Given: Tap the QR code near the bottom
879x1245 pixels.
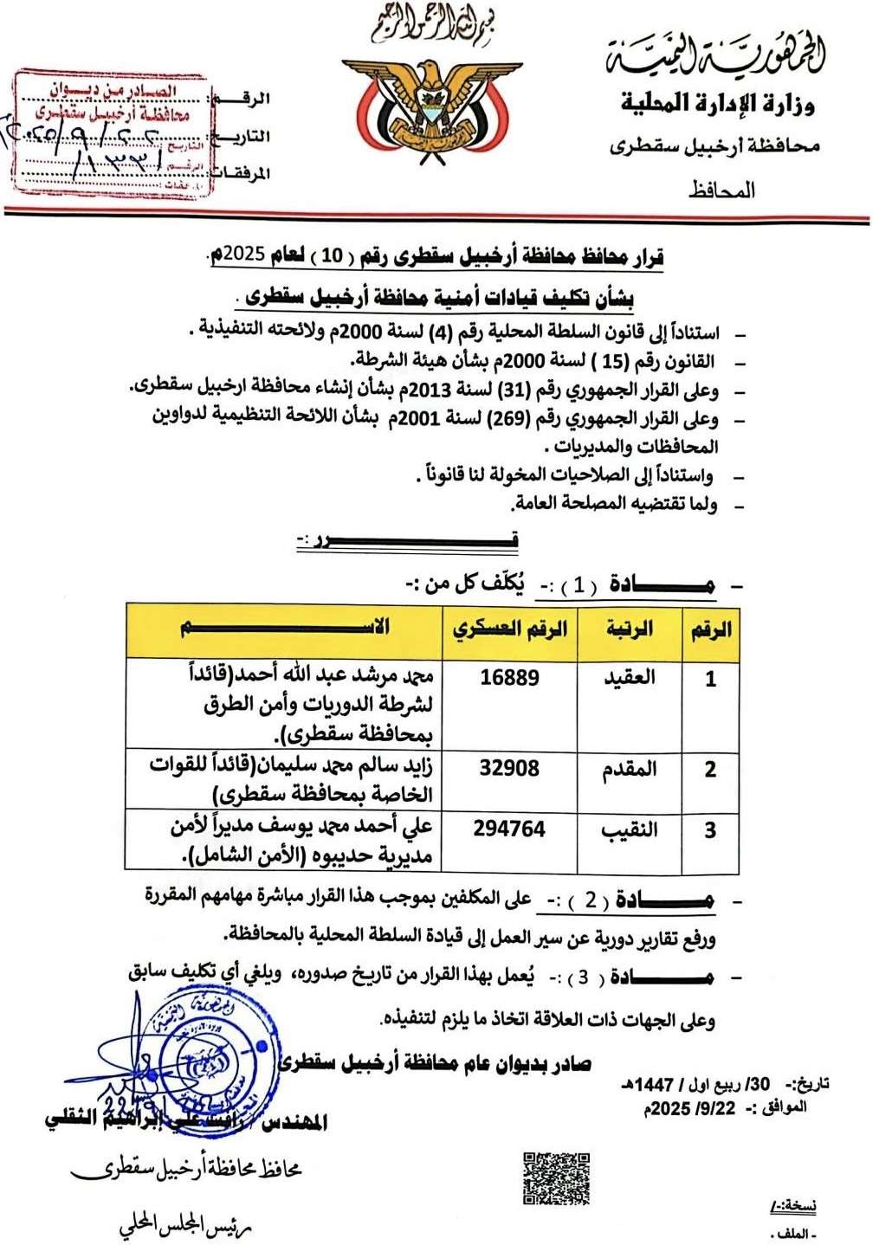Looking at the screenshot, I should click(556, 1177).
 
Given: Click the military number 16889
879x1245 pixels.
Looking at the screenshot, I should click(509, 677).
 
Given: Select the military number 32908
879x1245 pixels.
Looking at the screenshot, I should click(509, 768).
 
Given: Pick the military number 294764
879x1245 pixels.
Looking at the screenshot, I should click(509, 829).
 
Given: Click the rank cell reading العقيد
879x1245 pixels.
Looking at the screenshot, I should click(630, 677).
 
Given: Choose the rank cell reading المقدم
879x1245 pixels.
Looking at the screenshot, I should click(630, 769).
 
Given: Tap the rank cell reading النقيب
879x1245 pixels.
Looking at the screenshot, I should click(630, 829).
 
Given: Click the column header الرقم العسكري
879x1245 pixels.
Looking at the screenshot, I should click(509, 629).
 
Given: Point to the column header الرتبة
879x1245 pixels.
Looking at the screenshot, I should click(630, 629).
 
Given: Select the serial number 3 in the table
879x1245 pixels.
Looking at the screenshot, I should click(710, 830).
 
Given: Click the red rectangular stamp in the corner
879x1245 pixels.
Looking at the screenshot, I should click(113, 132).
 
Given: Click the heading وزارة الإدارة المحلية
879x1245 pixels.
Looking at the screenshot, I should click(717, 105).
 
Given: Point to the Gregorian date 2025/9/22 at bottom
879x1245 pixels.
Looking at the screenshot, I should click(689, 1107).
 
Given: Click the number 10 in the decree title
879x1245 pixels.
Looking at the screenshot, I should click(332, 256).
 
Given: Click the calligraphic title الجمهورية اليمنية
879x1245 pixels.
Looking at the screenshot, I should click(714, 56).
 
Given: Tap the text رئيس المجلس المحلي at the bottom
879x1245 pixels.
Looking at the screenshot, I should click(185, 1227).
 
